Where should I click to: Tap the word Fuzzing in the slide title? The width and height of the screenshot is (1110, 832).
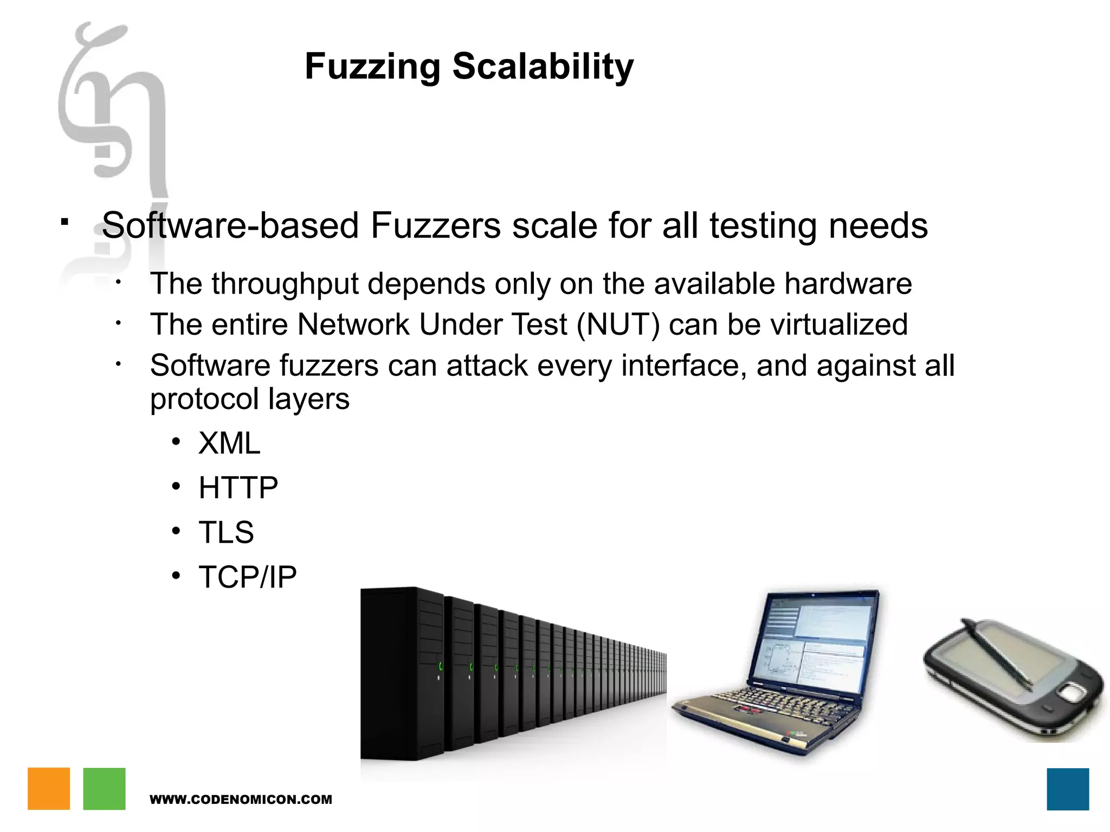point(372,67)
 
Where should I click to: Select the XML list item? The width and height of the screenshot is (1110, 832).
point(229,443)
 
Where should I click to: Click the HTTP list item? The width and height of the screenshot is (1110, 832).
point(238,487)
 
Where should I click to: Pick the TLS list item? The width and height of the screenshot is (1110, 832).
point(226,532)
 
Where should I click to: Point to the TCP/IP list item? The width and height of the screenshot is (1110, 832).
point(248,576)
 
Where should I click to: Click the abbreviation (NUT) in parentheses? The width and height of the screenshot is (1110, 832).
point(618,324)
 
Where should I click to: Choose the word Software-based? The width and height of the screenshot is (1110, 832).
point(230,225)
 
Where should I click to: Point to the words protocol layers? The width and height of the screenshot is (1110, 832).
point(249,399)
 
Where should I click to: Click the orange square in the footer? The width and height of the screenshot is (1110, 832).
point(49,789)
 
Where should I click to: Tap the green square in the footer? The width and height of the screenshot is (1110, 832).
point(104,789)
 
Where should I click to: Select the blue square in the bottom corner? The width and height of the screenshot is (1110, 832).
point(1068,789)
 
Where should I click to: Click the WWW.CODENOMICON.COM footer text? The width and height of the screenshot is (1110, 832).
point(241,799)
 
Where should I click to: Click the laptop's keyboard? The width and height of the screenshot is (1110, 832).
point(770,704)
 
